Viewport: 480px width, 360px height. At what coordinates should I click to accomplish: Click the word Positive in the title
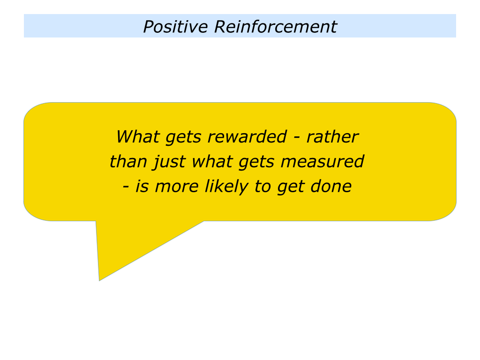pos(175,26)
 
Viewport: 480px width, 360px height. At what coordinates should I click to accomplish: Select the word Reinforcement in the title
pos(276,26)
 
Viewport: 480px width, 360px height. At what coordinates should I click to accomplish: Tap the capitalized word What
pos(138,136)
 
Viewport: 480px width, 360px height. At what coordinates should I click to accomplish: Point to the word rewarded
pos(247,136)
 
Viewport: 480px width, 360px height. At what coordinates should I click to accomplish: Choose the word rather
pos(332,136)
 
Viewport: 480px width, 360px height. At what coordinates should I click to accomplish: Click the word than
pos(128,161)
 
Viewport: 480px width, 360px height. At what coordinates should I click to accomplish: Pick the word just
pos(169,162)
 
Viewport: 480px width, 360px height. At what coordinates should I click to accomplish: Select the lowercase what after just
pos(212,161)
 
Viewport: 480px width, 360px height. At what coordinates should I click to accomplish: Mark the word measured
pos(322,161)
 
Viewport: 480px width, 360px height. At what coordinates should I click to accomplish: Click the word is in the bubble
pos(142,187)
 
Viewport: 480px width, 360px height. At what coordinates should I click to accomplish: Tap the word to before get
pos(262,187)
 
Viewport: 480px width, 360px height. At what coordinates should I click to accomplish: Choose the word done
pos(331,187)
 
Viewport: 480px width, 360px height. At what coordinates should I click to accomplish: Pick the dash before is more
pos(126,187)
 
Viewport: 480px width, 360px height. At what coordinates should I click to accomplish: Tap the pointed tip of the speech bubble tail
pos(99,280)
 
